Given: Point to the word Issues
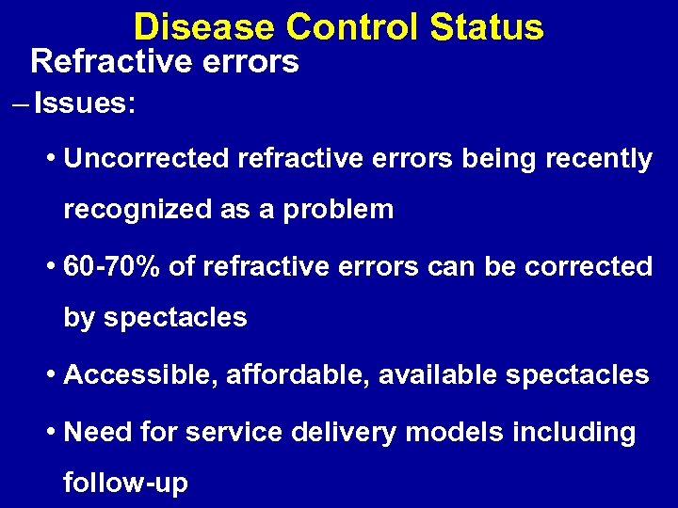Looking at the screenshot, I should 84,103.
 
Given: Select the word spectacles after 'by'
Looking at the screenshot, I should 175,318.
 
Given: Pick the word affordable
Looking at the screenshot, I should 296,375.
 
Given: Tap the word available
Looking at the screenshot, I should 438,375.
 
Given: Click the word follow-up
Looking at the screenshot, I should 125,484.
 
